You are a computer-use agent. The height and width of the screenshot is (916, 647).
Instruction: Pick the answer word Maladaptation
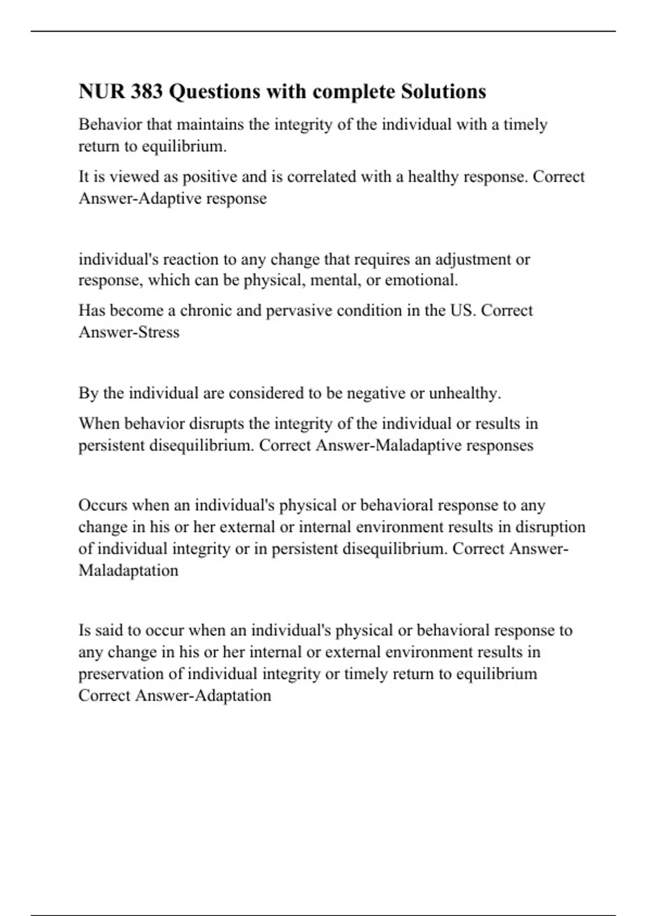click(128, 570)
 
